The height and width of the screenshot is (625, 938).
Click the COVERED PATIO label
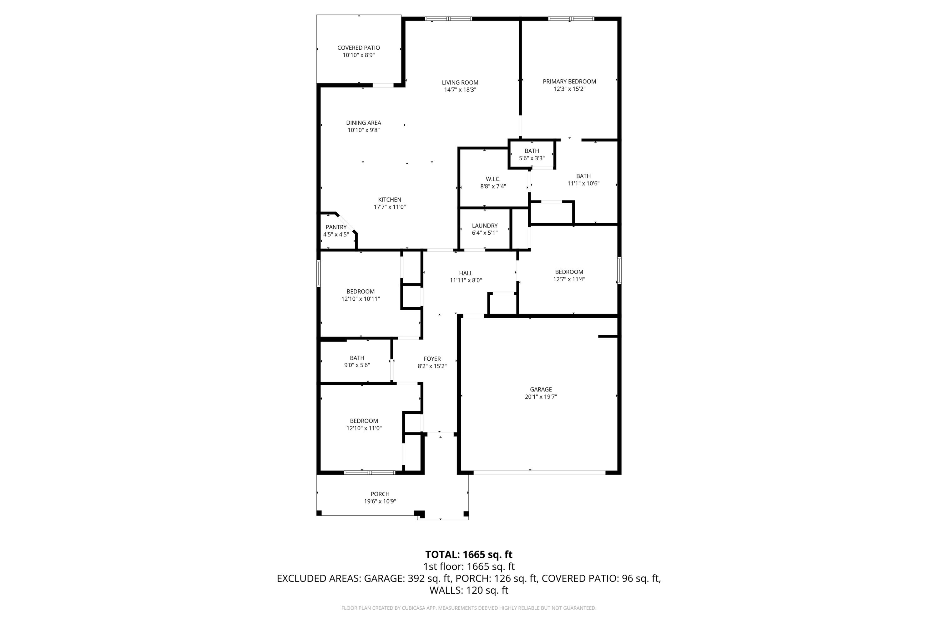tap(359, 48)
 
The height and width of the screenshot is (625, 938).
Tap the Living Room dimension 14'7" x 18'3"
tap(460, 90)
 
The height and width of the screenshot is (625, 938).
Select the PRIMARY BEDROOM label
tap(569, 82)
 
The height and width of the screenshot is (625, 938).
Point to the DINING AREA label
tap(363, 123)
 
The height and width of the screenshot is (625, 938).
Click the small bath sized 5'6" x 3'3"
tap(532, 155)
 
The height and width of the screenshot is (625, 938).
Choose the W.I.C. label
tap(493, 179)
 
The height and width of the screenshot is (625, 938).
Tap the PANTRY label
tap(336, 227)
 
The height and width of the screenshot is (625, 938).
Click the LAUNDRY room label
tap(485, 226)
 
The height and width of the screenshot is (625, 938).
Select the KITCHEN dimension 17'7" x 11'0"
tap(389, 207)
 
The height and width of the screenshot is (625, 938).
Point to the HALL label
tap(466, 273)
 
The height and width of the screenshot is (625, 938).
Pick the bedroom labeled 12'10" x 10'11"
tap(360, 295)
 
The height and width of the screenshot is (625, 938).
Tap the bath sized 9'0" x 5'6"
tap(357, 362)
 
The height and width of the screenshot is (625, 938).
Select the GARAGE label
tap(541, 389)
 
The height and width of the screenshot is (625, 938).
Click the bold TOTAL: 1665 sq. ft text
tap(469, 555)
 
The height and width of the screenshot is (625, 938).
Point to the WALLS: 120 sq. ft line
tap(469, 590)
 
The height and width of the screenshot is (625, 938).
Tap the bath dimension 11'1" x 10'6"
tap(583, 184)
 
